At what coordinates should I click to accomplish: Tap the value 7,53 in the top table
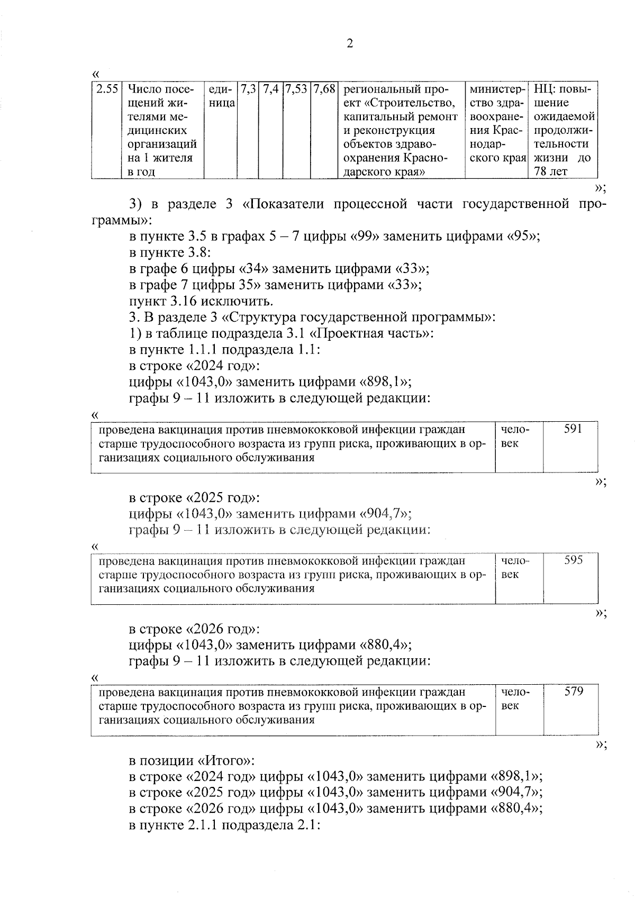[297, 89]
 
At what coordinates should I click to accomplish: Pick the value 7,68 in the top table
[324, 89]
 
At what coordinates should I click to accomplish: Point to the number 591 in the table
[573, 429]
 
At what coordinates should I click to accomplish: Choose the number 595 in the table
[573, 560]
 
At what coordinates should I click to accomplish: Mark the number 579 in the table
[573, 692]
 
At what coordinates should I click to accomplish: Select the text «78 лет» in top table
[550, 172]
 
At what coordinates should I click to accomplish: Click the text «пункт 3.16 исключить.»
[201, 302]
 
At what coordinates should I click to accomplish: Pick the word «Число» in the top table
[142, 89]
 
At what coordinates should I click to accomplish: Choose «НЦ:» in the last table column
[545, 89]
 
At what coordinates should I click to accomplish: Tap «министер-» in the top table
[496, 89]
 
